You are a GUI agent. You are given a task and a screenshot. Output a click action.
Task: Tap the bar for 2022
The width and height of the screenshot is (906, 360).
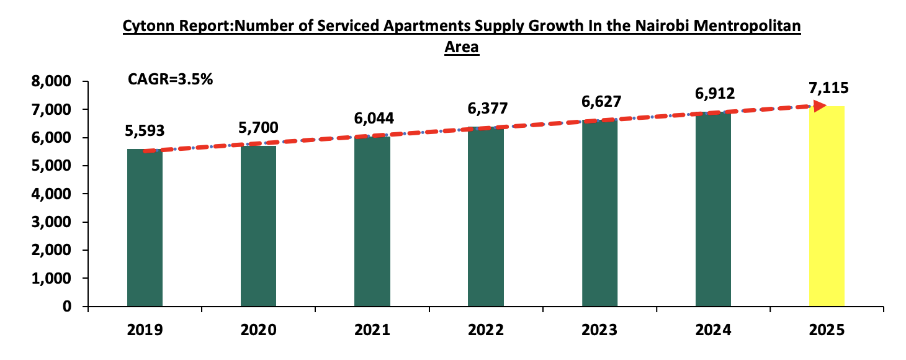coord(486,217)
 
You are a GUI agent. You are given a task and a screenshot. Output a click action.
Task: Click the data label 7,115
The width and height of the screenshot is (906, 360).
coord(827,88)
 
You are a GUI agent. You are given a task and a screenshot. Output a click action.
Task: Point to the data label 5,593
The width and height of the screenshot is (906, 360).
coord(145,131)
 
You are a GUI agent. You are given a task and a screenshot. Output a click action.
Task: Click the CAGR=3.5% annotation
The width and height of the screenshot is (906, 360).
coord(170,79)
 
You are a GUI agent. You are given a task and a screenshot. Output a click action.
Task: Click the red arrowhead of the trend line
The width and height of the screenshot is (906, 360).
coord(819,106)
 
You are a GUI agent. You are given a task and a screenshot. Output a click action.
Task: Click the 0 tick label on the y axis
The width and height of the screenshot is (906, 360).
coord(76,307)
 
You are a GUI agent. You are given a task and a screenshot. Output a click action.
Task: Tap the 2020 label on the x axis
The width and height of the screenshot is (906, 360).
coord(259,330)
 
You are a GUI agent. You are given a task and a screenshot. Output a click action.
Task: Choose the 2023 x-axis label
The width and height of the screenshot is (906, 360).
coord(599,330)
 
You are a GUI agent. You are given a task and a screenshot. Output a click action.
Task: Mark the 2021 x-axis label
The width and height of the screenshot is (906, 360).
coord(372,330)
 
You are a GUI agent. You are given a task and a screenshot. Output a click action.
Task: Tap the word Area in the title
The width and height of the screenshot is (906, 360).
coord(462,47)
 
